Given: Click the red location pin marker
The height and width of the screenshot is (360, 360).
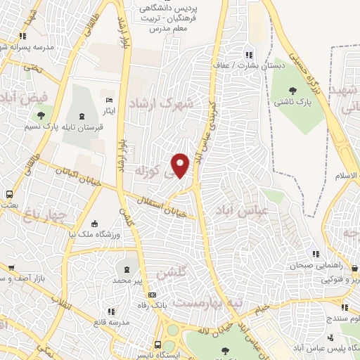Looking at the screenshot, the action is click(x=181, y=165).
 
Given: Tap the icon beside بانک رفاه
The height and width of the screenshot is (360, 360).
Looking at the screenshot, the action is click(x=162, y=295).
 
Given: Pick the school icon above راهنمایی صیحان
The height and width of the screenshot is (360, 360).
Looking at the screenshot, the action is click(x=316, y=254).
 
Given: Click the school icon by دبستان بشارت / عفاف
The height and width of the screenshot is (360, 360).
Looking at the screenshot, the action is click(x=247, y=55).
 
